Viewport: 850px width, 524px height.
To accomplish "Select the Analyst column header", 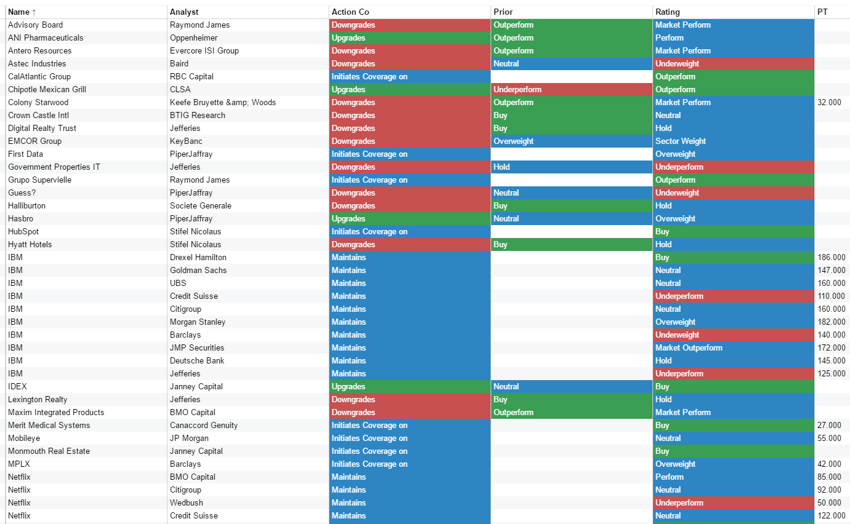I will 184,12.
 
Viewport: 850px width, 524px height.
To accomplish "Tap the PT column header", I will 822,12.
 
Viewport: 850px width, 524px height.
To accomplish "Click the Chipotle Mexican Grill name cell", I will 47,89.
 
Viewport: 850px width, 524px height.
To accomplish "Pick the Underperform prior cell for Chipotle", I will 517,89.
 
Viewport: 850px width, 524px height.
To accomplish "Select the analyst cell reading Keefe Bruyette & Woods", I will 223,102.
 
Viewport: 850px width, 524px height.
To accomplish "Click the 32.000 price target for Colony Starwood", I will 829,102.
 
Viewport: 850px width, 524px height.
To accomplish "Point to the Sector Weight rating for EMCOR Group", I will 680,141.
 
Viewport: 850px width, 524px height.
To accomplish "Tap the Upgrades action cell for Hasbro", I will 348,218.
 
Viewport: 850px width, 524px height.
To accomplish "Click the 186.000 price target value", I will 831,257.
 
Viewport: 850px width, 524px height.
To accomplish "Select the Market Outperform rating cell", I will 689,347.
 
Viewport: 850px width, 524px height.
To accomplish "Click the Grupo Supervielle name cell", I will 39,180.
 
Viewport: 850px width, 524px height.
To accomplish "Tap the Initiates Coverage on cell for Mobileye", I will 369,438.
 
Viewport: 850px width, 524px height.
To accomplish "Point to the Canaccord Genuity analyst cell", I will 204,425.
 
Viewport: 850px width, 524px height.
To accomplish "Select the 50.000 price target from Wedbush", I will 829,502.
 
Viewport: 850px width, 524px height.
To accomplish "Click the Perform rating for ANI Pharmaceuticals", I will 669,38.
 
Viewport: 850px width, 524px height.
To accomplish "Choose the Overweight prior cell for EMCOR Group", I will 513,141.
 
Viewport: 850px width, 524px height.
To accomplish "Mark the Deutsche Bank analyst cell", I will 197,360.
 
